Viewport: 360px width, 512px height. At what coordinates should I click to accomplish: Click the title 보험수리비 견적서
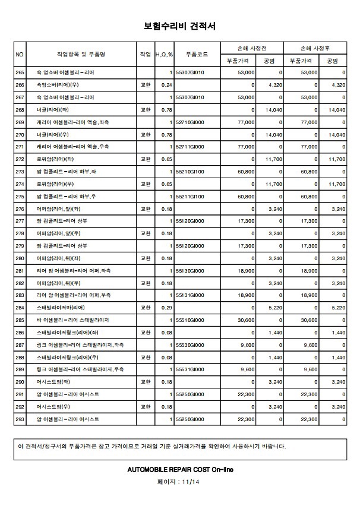click(x=179, y=26)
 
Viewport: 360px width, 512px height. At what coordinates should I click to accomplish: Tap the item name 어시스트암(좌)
click(x=53, y=382)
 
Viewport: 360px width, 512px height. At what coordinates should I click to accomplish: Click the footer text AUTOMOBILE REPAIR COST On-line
click(x=180, y=469)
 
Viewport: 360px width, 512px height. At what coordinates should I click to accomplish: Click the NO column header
click(x=20, y=54)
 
